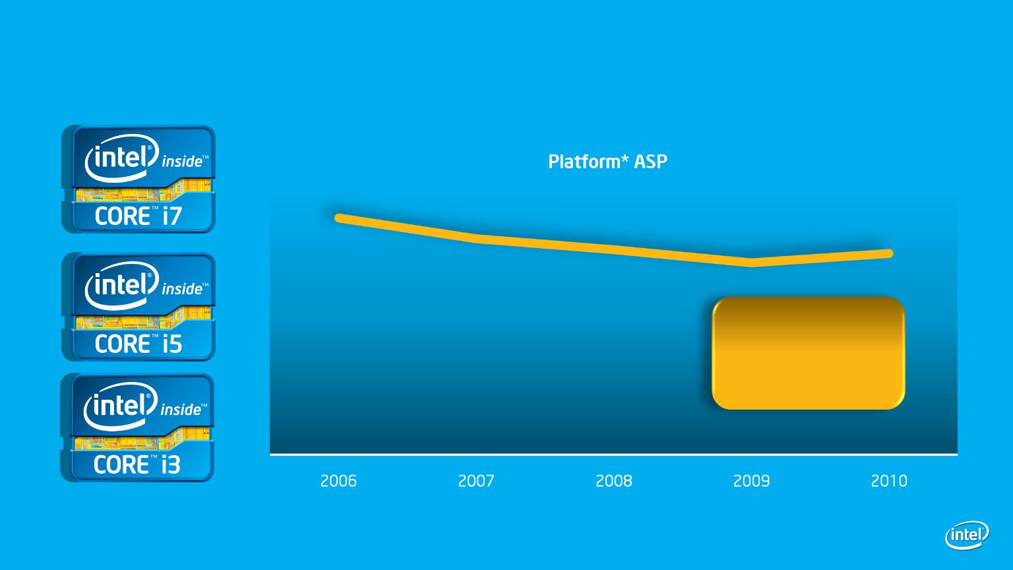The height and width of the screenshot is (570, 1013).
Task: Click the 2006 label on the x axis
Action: coord(338,480)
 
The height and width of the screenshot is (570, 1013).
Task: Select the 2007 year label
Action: coord(476,480)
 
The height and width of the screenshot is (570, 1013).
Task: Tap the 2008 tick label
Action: coord(614,480)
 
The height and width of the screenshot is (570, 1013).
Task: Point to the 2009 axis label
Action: coord(751,480)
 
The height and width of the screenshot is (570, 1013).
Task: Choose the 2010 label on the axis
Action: coord(889,480)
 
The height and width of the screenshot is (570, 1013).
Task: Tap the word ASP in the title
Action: coord(650,162)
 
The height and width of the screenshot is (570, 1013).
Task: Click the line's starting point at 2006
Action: coord(338,218)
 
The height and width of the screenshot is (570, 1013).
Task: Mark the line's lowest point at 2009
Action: coord(751,263)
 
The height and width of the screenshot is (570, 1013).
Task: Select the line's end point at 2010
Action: coord(889,253)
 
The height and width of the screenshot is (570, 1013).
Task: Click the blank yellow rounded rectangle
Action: coord(808,353)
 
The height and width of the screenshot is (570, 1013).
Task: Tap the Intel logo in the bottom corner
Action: coord(967,535)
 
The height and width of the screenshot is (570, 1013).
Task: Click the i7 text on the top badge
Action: coord(172,216)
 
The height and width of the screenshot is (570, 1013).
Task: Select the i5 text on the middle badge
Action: coord(172,343)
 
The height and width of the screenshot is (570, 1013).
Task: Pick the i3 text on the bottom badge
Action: coord(171,464)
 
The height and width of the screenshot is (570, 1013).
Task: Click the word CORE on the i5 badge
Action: coord(122,344)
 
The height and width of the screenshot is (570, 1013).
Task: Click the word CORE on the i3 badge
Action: coord(121,464)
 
